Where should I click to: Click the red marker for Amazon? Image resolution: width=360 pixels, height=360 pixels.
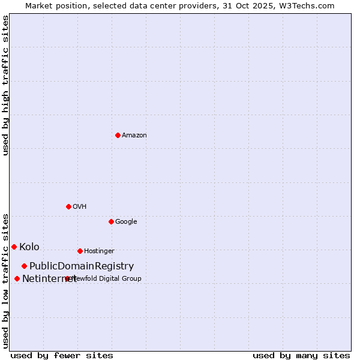pyautogui.click(x=118, y=135)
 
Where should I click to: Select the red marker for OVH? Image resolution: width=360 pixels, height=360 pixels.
pyautogui.click(x=68, y=206)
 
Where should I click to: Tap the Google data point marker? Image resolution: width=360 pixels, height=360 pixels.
pyautogui.click(x=111, y=221)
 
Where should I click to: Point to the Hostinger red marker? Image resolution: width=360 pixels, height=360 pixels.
pyautogui.click(x=80, y=251)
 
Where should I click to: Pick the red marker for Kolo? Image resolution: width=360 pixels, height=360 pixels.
pyautogui.click(x=14, y=247)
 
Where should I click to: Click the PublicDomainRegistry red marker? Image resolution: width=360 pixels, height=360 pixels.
pyautogui.click(x=24, y=266)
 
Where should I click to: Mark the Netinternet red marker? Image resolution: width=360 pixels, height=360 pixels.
pyautogui.click(x=17, y=278)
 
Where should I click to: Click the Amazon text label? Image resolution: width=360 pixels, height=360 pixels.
pyautogui.click(x=134, y=136)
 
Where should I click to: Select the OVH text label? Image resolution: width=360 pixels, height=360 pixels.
pyautogui.click(x=80, y=207)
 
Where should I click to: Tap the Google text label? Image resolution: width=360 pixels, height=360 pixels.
pyautogui.click(x=126, y=222)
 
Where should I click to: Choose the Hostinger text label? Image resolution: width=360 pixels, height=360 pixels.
pyautogui.click(x=99, y=251)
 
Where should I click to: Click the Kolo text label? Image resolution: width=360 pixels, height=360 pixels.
pyautogui.click(x=29, y=247)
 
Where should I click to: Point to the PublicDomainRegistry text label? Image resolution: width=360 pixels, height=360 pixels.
pyautogui.click(x=82, y=266)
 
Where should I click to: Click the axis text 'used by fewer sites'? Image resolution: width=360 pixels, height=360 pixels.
pyautogui.click(x=62, y=355)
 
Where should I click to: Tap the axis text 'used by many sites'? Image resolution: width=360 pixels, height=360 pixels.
pyautogui.click(x=301, y=355)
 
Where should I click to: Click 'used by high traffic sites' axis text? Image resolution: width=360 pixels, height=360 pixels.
pyautogui.click(x=5, y=85)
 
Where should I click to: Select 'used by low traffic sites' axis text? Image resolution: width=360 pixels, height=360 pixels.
pyautogui.click(x=5, y=280)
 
